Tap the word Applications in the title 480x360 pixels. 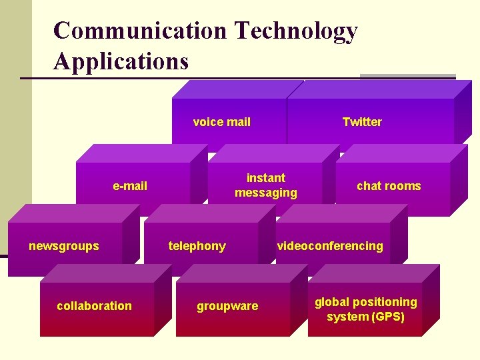coord(121,61)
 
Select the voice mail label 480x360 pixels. coord(222,122)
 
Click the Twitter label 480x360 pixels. coord(362,122)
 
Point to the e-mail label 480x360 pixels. coord(130,186)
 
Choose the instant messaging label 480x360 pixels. coord(265,185)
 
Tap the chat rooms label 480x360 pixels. coord(389,186)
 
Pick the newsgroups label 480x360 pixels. coord(64,246)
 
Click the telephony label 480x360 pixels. coord(197,246)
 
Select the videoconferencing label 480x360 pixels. coord(331,246)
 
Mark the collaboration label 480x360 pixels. coord(95,306)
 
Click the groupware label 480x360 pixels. coord(227,306)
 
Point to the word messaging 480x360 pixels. coord(265,193)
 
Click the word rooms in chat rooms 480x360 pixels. coord(404,186)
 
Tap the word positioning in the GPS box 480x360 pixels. coord(385,302)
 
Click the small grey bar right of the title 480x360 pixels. coord(407,76)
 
